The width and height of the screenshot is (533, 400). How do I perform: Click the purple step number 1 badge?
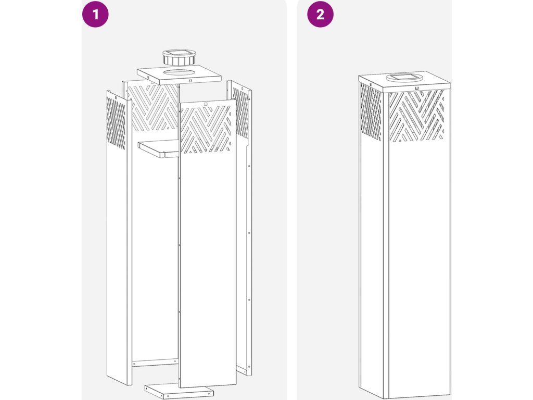tap(95, 14)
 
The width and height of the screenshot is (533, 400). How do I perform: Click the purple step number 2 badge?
tap(320, 14)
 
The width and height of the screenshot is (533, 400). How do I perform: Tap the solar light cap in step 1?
tap(179, 58)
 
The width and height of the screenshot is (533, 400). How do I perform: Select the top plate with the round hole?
tap(179, 76)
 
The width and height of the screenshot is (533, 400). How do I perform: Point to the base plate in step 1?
tap(179, 392)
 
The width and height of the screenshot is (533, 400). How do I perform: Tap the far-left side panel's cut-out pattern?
tap(116, 121)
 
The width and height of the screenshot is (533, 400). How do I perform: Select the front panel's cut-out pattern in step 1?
tap(206, 129)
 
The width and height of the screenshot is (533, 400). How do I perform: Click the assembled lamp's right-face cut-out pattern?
tap(416, 116)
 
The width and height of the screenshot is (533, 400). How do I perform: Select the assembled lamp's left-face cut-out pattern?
tap(371, 113)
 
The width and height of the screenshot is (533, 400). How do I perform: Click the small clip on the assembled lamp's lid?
tap(416, 88)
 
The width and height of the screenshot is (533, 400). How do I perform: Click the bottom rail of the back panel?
tap(155, 362)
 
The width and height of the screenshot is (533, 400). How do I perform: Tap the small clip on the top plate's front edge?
tap(190, 81)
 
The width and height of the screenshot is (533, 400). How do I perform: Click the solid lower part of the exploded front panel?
tap(207, 269)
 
